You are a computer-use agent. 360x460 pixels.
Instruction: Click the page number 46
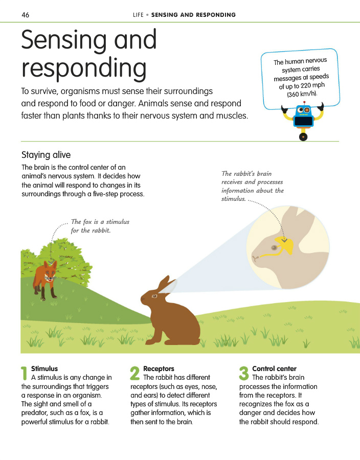26,15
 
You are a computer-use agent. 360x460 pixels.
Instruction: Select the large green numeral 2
135,373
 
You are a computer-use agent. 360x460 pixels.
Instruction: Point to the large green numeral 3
244,373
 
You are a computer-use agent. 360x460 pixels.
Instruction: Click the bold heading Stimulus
44,369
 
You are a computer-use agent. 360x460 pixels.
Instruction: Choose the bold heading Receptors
159,369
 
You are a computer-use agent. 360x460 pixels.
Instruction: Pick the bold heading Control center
274,369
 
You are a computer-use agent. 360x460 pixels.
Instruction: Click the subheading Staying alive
46,155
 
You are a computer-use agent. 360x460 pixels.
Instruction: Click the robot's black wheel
304,137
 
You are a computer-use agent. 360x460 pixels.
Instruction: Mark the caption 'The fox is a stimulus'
100,222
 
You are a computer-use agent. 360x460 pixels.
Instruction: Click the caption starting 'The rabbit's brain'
247,174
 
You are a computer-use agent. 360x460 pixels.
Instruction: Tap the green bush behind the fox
72,256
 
